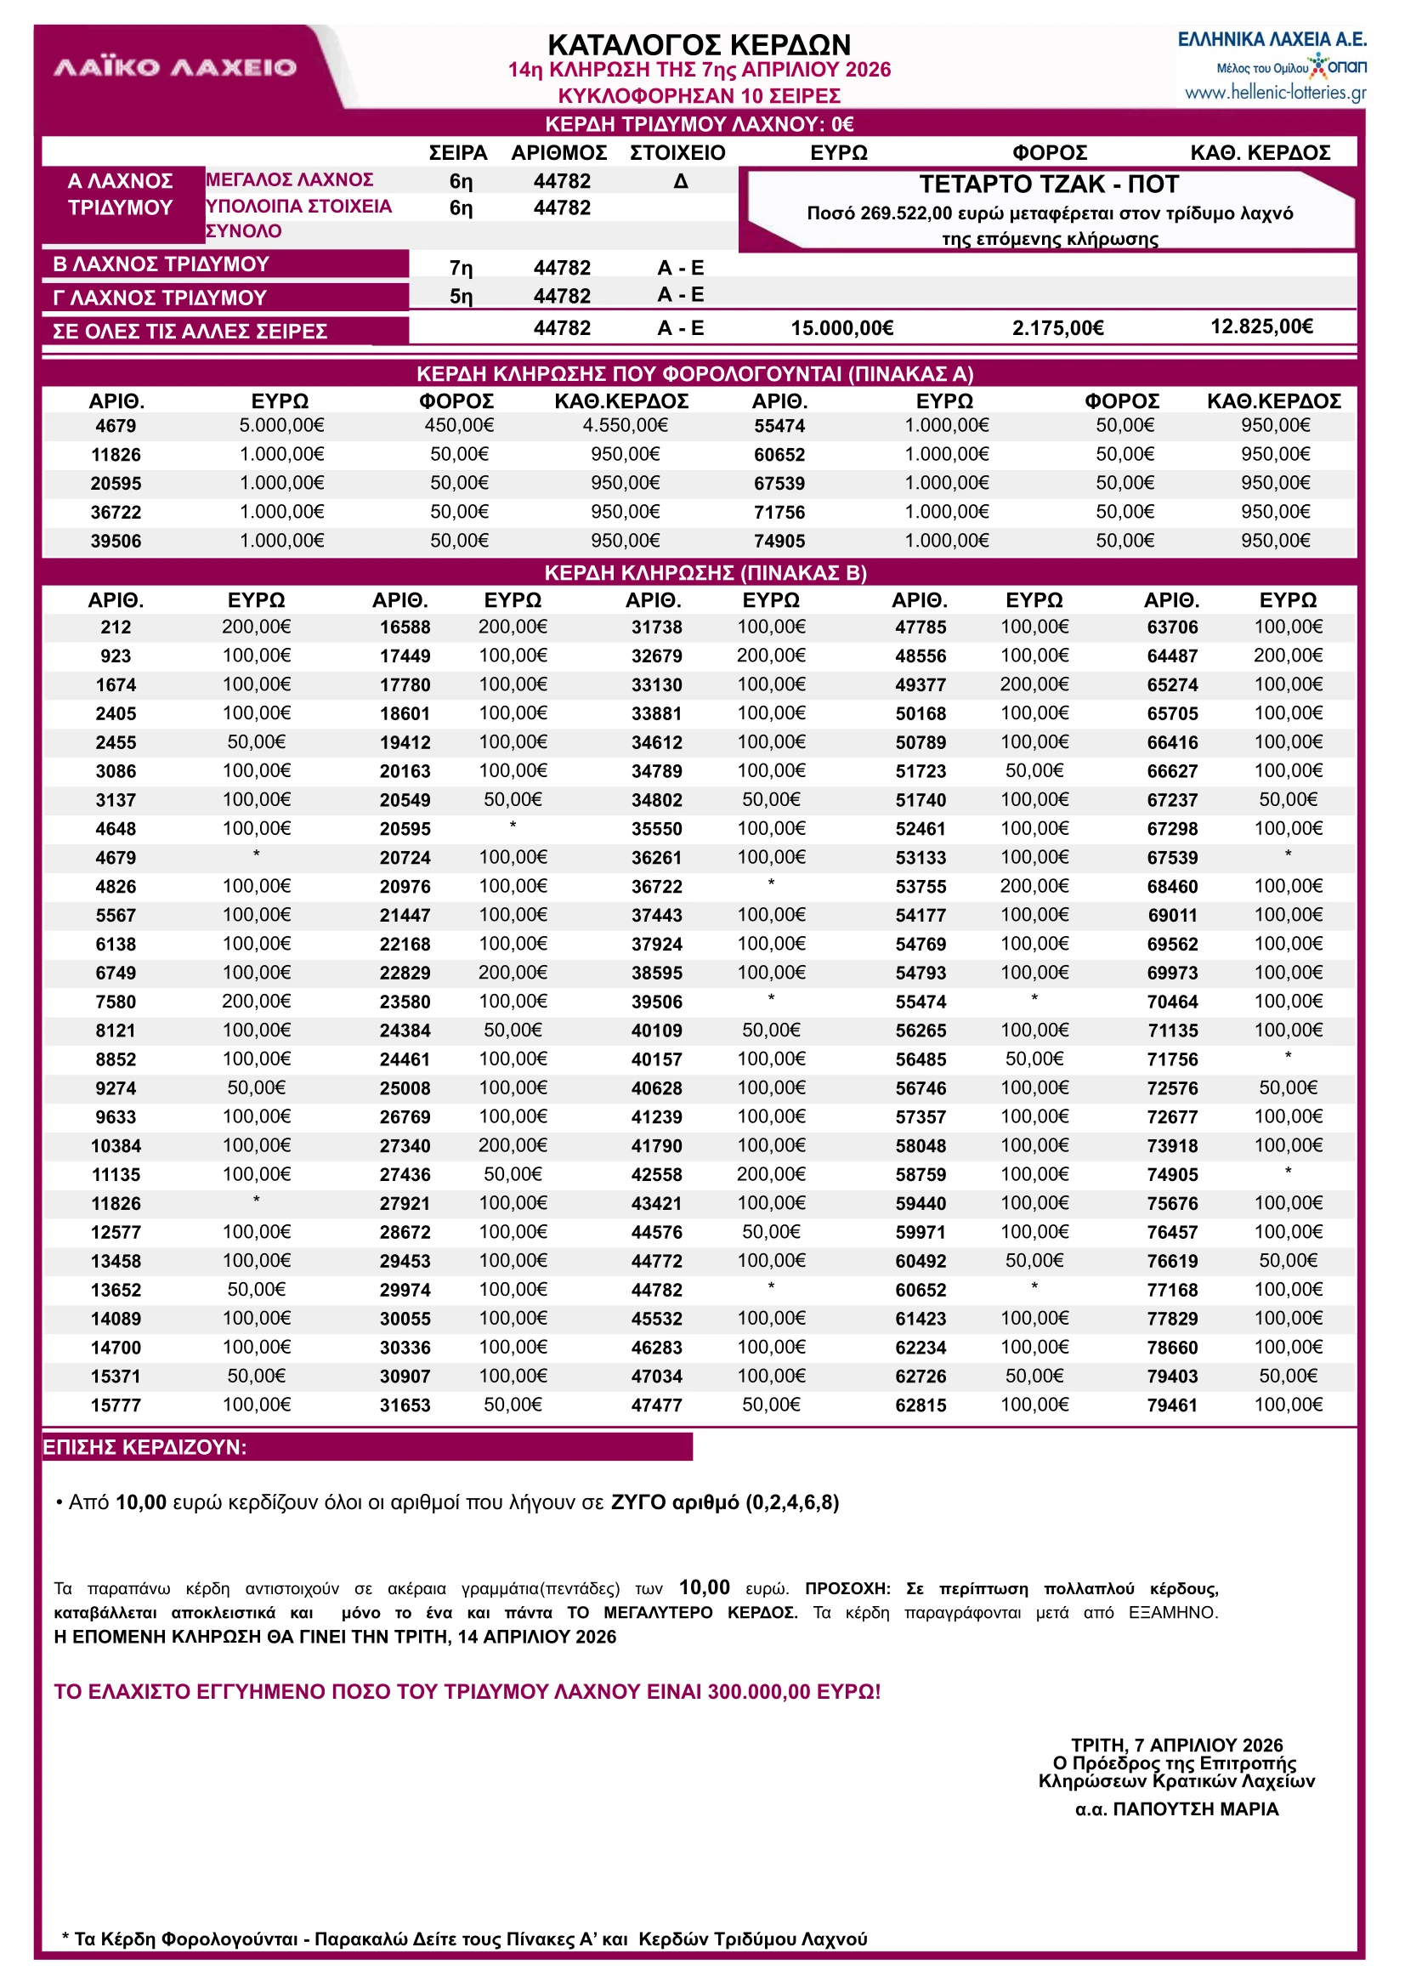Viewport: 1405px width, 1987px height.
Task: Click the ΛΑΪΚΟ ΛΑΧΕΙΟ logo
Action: (x=175, y=67)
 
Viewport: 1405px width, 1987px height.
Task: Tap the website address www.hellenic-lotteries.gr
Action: (x=1275, y=93)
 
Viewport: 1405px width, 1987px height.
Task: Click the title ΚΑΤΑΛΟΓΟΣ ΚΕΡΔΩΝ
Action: (x=699, y=44)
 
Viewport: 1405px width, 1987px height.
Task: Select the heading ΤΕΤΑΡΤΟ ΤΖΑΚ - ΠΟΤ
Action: (x=1049, y=185)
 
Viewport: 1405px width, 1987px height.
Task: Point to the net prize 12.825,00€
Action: (x=1261, y=326)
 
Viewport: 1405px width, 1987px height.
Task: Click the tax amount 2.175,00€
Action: (x=1057, y=328)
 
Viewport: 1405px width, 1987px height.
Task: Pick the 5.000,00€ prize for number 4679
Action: (x=282, y=425)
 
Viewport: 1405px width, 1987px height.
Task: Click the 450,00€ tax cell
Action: (x=459, y=425)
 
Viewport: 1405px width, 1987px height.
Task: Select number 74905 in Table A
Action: (x=779, y=541)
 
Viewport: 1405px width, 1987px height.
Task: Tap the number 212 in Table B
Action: (x=116, y=627)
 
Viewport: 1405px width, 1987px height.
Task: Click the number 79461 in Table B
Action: (x=1172, y=1405)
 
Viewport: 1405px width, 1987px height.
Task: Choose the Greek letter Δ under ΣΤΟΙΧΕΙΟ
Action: (x=681, y=182)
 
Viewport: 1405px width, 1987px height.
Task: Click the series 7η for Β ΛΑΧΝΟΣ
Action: (x=461, y=269)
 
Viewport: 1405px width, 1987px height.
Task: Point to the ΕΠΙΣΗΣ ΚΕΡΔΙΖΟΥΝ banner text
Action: (x=144, y=1447)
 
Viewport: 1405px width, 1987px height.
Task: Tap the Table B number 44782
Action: (x=657, y=1291)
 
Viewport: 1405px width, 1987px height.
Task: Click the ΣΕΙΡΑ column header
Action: (x=457, y=153)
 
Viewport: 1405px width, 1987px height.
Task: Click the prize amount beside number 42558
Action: (x=771, y=1174)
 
